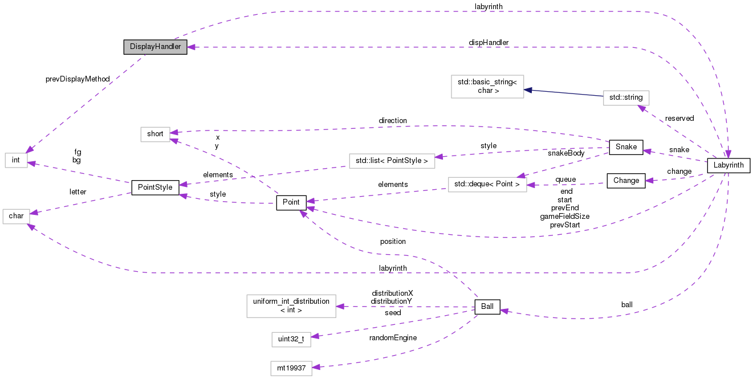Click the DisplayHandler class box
tap(155, 47)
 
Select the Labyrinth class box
tap(728, 166)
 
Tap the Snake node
tap(626, 146)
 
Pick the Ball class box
tap(487, 307)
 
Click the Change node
tap(626, 181)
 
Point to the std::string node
tap(626, 97)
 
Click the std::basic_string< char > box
tap(487, 86)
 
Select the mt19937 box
tap(292, 368)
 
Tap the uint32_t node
tap(291, 339)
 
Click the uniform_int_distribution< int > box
tap(291, 305)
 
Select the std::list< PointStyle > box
tap(391, 161)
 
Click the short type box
tap(155, 134)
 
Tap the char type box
tap(16, 216)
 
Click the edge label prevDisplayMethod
tap(77, 79)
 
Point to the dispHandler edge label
tap(489, 43)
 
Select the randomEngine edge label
tap(393, 337)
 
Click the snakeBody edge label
tap(566, 153)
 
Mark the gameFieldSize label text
tap(564, 217)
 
